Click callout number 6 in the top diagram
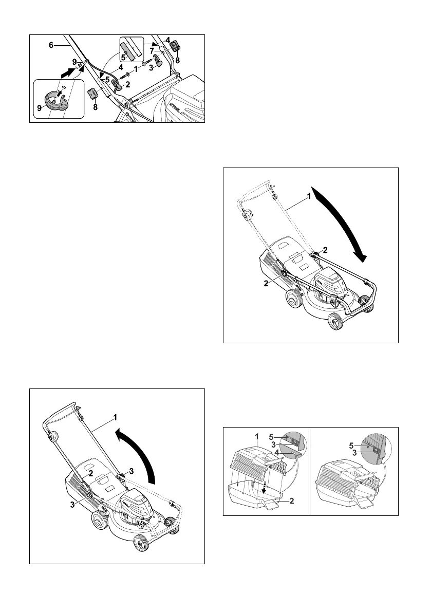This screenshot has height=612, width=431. pyautogui.click(x=51, y=45)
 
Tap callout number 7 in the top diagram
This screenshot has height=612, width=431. pyautogui.click(x=152, y=51)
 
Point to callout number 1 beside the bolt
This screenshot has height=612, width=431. pyautogui.click(x=135, y=67)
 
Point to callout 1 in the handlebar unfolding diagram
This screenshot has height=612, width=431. pyautogui.click(x=116, y=416)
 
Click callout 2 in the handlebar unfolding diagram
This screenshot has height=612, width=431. pyautogui.click(x=89, y=472)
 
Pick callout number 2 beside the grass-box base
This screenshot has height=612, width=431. pyautogui.click(x=292, y=501)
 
